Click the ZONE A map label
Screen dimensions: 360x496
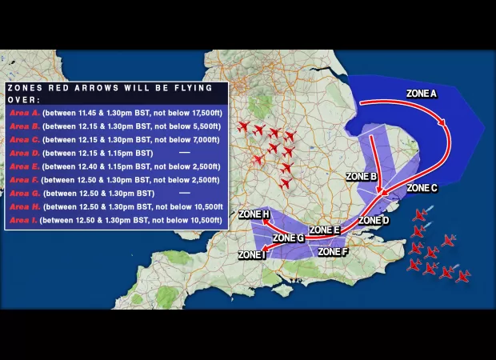pos(422,94)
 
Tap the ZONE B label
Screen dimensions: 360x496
pos(361,175)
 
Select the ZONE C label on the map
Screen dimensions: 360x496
pos(422,188)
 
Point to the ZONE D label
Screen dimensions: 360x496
pos(374,220)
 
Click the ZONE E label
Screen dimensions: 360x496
pos(325,230)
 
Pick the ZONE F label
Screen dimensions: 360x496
pos(333,251)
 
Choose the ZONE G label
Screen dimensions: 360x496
pos(288,238)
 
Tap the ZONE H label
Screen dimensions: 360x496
pos(254,214)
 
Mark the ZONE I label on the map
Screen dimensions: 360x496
pos(252,255)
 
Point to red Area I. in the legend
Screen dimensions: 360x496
pos(22,218)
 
